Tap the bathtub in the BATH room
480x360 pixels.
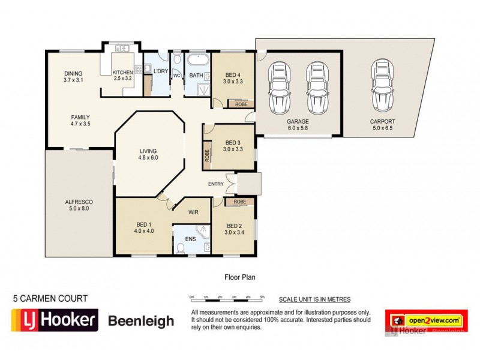(x=196, y=61)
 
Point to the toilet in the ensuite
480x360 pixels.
(x=181, y=247)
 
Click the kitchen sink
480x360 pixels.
(x=124, y=47)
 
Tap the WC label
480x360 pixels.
(x=177, y=76)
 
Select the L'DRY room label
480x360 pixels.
(x=160, y=71)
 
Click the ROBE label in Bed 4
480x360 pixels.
(x=241, y=104)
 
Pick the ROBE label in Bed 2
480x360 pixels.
(x=241, y=202)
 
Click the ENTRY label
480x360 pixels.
(x=217, y=184)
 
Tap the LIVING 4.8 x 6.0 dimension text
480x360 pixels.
(x=148, y=158)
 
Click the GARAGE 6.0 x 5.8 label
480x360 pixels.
(x=298, y=125)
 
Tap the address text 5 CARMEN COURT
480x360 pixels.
(x=50, y=298)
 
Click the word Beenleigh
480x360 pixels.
(x=140, y=321)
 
